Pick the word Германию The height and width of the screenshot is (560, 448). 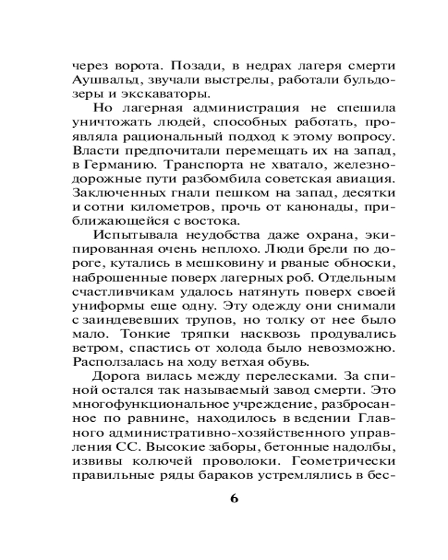[119, 166]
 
